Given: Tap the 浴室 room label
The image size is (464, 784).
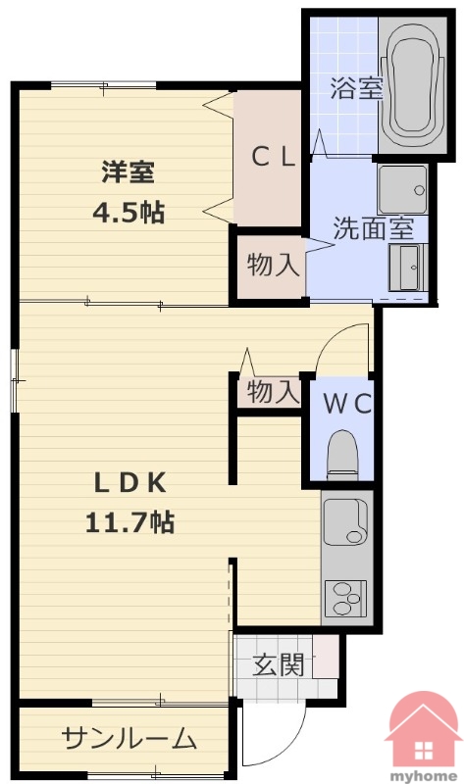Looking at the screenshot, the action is [x=356, y=88].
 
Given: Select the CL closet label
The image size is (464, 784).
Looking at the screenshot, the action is [x=273, y=157].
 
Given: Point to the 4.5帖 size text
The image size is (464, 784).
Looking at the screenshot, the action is [x=129, y=213].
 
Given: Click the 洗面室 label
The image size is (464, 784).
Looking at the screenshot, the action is [x=374, y=228].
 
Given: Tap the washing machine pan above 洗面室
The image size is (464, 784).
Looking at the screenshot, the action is [x=403, y=189].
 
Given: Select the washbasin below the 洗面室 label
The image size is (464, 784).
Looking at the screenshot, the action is [x=407, y=268].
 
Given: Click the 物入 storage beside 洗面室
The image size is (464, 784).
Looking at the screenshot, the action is [x=272, y=264].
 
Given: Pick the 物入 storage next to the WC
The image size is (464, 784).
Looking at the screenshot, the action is [x=273, y=391].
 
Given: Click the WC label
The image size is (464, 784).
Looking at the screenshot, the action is [x=347, y=404].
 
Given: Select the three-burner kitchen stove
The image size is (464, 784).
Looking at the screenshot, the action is [x=346, y=599].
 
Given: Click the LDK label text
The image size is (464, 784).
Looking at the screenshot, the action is [x=130, y=482].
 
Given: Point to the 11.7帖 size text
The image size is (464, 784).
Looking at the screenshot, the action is [x=130, y=522].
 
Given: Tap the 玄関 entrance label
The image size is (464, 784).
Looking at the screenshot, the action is [x=279, y=664].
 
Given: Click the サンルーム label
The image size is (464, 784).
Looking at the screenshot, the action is [x=129, y=738].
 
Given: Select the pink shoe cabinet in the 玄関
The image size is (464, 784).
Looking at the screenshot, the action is [x=326, y=657].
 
